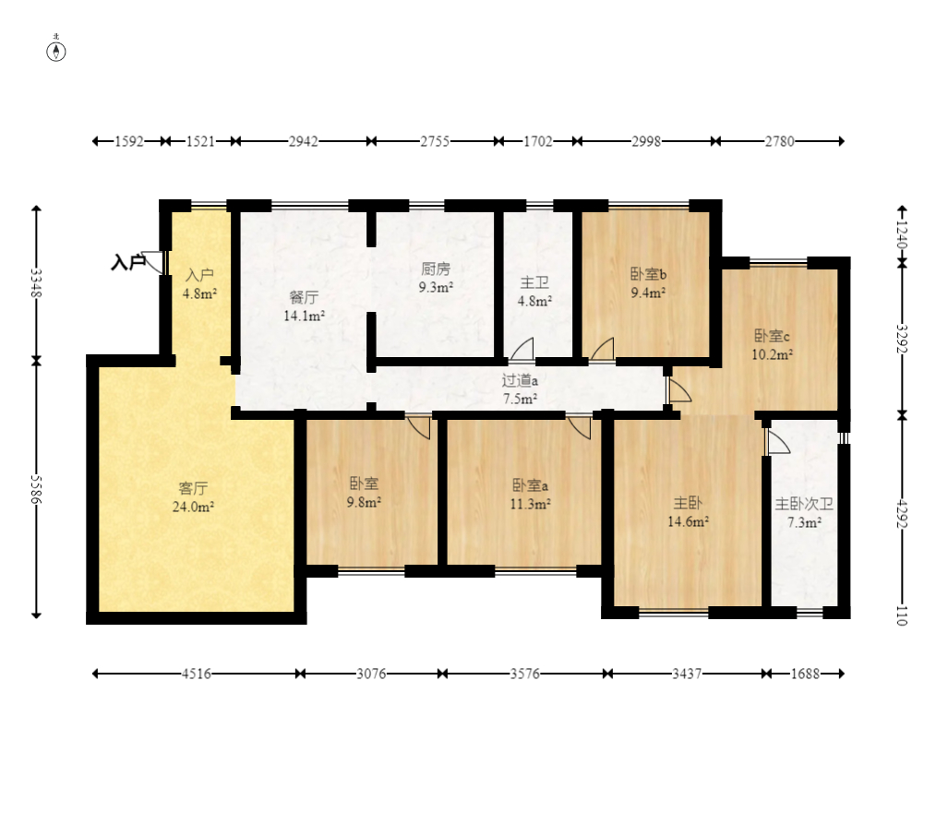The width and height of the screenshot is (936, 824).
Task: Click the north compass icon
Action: (x=56, y=52)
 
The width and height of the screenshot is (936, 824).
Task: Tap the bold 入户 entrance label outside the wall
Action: (x=127, y=262)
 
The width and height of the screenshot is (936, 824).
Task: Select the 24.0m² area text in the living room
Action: (x=194, y=508)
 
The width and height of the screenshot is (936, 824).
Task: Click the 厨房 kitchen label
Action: (x=436, y=269)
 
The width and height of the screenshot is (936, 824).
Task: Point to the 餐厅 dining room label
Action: (x=304, y=297)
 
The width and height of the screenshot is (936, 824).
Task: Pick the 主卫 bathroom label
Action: (x=534, y=283)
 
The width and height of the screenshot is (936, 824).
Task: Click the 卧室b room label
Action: (x=648, y=274)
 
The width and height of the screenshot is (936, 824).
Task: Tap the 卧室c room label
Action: (x=772, y=336)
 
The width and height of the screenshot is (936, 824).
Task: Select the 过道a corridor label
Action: (x=520, y=380)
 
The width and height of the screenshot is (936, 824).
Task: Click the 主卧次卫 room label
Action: (x=804, y=504)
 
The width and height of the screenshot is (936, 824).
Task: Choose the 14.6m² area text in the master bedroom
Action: (x=689, y=521)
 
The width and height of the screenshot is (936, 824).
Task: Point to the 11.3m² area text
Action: (x=530, y=504)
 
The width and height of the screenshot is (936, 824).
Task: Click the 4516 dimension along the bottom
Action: (x=197, y=674)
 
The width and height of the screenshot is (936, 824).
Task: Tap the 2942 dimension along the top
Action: (x=304, y=141)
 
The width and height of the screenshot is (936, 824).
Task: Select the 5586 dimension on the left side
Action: (x=36, y=489)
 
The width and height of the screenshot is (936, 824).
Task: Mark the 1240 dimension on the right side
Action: (x=902, y=235)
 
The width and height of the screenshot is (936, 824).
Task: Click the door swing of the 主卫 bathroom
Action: (x=522, y=350)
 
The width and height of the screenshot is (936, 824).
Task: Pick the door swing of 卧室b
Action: (x=602, y=350)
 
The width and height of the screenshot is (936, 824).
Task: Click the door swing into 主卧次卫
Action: (x=777, y=442)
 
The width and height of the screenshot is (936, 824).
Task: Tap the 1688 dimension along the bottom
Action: (x=805, y=674)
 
